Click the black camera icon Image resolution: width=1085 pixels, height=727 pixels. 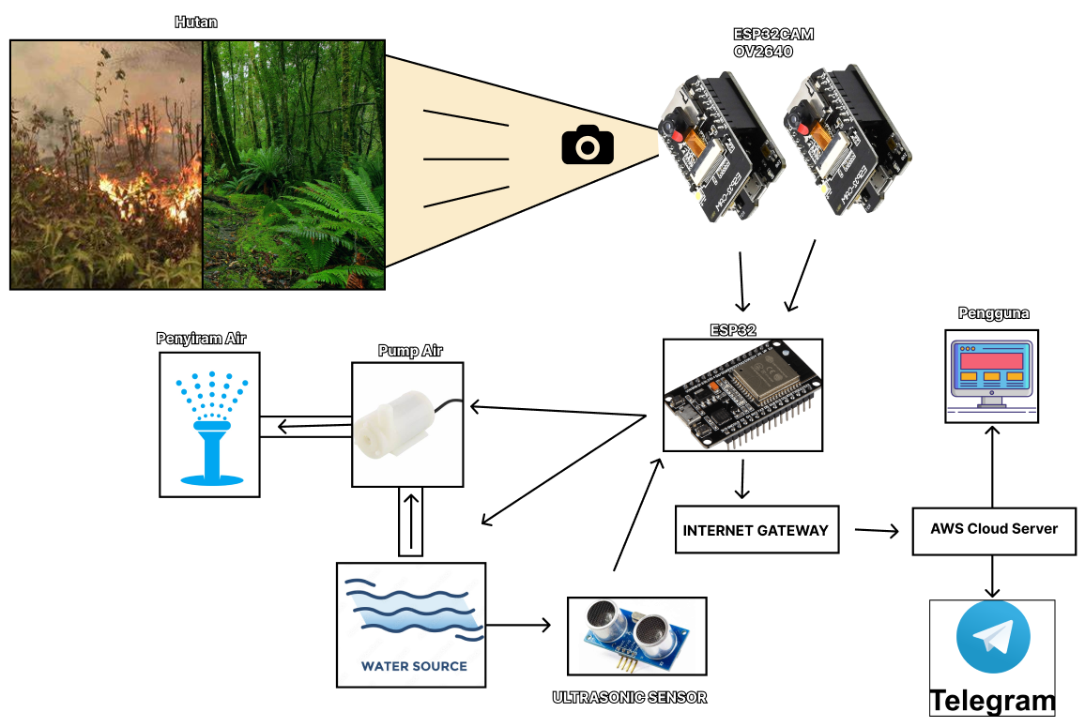pyautogui.click(x=588, y=145)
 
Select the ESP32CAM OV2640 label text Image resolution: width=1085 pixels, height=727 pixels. pyautogui.click(x=772, y=43)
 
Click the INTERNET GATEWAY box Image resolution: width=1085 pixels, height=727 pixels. pyautogui.click(x=756, y=530)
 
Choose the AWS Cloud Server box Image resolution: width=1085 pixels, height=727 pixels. pyautogui.click(x=994, y=529)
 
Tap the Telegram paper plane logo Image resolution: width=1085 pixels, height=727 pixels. pyautogui.click(x=993, y=637)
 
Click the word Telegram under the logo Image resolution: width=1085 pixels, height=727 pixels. pyautogui.click(x=993, y=701)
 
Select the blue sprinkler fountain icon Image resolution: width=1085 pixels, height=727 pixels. pyautogui.click(x=211, y=428)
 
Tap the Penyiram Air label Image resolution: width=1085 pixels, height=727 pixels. pyautogui.click(x=201, y=338)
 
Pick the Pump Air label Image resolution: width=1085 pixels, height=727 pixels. pyautogui.click(x=410, y=351)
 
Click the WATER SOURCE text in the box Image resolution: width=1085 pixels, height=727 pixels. pyautogui.click(x=414, y=666)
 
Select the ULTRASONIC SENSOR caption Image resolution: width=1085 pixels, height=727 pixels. pyautogui.click(x=630, y=697)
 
